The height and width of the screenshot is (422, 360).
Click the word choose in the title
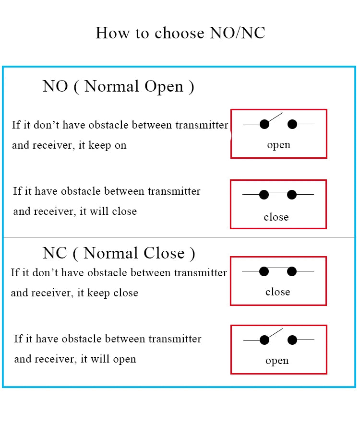(180, 33)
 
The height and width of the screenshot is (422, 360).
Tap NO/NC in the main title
(238, 33)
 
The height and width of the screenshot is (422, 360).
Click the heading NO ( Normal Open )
(118, 87)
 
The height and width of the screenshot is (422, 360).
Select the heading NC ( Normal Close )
(119, 253)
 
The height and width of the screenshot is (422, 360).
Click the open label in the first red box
(278, 145)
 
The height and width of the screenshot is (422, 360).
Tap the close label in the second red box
(276, 217)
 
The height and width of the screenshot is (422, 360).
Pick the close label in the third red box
(278, 292)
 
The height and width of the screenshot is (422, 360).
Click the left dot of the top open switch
(264, 124)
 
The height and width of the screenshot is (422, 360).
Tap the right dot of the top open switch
(292, 124)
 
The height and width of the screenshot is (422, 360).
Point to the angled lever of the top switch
(275, 117)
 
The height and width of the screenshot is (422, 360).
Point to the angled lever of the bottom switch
(275, 333)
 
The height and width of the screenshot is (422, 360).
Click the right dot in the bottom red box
(292, 340)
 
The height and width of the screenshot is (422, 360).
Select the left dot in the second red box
(264, 195)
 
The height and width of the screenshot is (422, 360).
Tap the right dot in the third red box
(292, 271)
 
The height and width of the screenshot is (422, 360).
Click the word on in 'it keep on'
(120, 146)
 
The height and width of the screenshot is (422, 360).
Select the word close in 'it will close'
(124, 211)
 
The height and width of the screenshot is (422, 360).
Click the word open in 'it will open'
(124, 360)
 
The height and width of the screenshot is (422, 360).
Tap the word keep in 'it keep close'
(98, 293)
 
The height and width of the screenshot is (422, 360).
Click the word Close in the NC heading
(164, 253)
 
